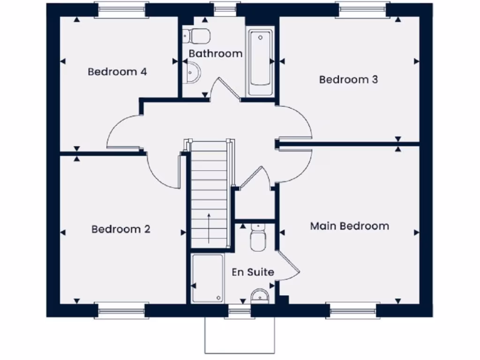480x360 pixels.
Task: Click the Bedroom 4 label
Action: [x=118, y=72]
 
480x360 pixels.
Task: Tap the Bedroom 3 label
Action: [x=348, y=80]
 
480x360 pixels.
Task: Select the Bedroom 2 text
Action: [x=121, y=229]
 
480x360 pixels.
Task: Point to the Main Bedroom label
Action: [x=349, y=226]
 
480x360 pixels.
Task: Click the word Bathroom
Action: [x=216, y=54]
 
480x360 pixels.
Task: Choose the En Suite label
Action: [x=253, y=272]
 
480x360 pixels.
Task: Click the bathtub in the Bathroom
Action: [x=260, y=62]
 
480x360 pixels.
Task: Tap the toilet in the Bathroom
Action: [x=197, y=35]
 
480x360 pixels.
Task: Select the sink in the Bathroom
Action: [x=192, y=74]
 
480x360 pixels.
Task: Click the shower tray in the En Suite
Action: [x=207, y=278]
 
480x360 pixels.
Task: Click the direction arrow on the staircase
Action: [x=209, y=227]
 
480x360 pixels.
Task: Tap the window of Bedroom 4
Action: [x=121, y=10]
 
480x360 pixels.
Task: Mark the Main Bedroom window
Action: [x=352, y=311]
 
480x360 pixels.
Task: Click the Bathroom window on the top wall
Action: [x=225, y=9]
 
